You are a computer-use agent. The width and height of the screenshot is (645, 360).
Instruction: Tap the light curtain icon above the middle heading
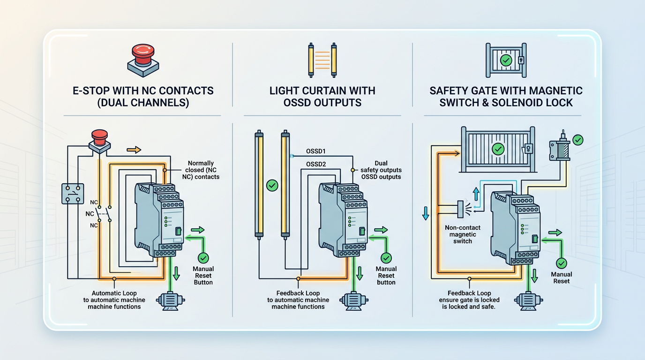pyautogui.click(x=322, y=60)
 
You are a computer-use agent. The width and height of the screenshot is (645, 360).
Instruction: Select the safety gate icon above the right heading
pyautogui.click(x=506, y=60)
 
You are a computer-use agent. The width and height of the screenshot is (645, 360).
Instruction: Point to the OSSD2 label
pyautogui.click(x=316, y=165)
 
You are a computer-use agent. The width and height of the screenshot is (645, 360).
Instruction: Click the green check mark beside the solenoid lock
pyautogui.click(x=578, y=140)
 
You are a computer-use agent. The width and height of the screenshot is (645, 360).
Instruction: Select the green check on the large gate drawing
pyautogui.click(x=498, y=149)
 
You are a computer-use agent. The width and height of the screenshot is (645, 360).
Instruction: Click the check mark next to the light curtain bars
pyautogui.click(x=272, y=186)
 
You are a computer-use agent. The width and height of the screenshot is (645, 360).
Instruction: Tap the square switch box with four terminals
pyautogui.click(x=73, y=194)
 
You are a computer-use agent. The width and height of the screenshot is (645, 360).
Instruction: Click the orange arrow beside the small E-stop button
pyautogui.click(x=134, y=150)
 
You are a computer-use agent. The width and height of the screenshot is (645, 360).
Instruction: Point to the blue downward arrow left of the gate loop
pyautogui.click(x=426, y=213)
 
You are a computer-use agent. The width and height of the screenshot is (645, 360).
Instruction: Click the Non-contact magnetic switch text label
pyautogui.click(x=462, y=234)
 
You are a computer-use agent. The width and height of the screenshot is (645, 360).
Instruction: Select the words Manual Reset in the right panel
pyautogui.click(x=561, y=277)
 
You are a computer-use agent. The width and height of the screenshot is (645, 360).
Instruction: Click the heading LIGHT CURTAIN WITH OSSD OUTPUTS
pyautogui.click(x=322, y=97)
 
